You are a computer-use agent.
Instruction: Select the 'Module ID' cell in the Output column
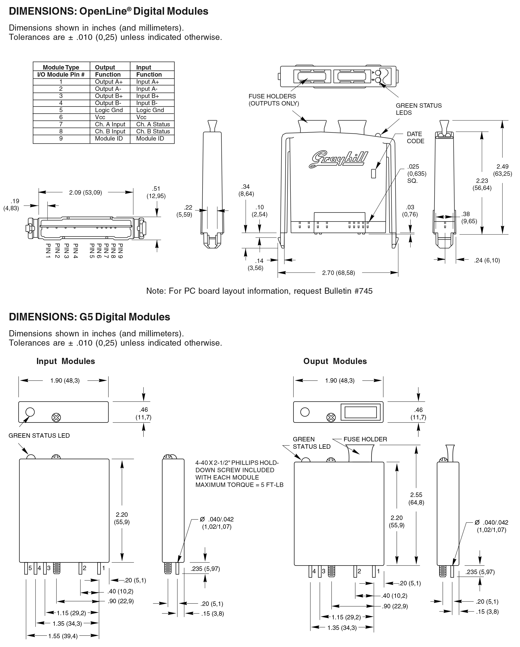pyautogui.click(x=109, y=139)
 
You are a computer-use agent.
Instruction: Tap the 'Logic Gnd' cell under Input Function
pyautogui.click(x=150, y=110)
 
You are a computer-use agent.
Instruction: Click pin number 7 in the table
pyautogui.click(x=61, y=124)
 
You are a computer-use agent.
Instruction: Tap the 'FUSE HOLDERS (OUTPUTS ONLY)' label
pyautogui.click(x=274, y=100)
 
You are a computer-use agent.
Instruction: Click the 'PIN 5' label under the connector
pyautogui.click(x=92, y=251)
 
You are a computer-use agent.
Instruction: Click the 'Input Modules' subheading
pyautogui.click(x=65, y=361)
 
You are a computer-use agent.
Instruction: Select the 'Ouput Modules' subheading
pyautogui.click(x=335, y=361)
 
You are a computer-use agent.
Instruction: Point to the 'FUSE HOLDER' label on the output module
pyautogui.click(x=365, y=439)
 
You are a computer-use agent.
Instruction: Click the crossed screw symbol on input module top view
pyautogui.click(x=56, y=417)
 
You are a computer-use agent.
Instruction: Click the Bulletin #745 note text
pyautogui.click(x=259, y=291)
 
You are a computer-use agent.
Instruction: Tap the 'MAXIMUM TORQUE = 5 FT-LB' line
pyautogui.click(x=239, y=485)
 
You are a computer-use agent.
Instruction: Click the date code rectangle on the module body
pyautogui.click(x=374, y=174)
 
